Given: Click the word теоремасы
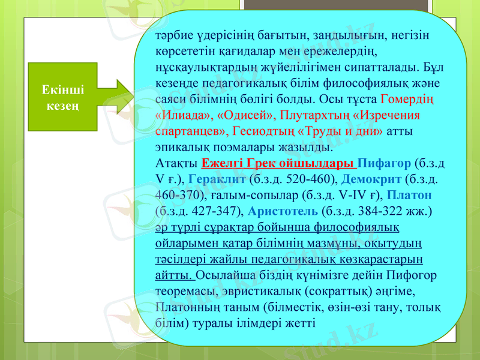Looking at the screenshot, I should pos(183,293).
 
